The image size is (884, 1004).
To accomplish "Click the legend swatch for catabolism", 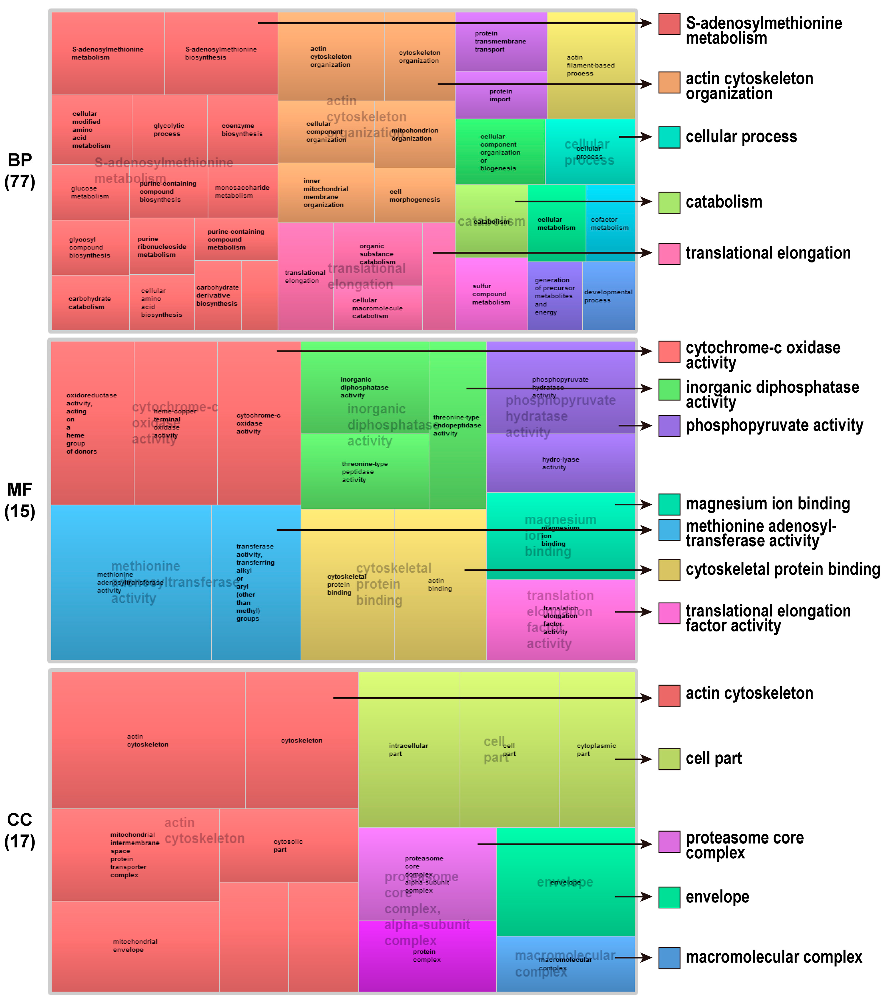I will pyautogui.click(x=669, y=202).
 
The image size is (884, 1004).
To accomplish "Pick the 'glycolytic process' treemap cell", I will pyautogui.click(x=169, y=130).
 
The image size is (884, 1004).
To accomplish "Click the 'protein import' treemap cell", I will pyautogui.click(x=500, y=95).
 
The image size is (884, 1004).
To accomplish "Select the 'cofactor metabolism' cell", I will pyautogui.click(x=609, y=223).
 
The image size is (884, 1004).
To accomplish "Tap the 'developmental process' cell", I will pyautogui.click(x=608, y=296).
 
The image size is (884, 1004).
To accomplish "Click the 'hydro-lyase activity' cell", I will pyautogui.click(x=560, y=463).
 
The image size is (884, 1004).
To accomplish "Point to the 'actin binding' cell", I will pyautogui.click(x=440, y=585).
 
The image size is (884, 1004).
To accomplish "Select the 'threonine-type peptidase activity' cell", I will pyautogui.click(x=364, y=471).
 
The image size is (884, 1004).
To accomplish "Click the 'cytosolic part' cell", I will pyautogui.click(x=288, y=845).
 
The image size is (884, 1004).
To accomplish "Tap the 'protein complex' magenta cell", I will pyautogui.click(x=427, y=956).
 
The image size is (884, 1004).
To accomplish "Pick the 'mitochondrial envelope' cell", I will pyautogui.click(x=135, y=946).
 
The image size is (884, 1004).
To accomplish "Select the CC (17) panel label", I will pyautogui.click(x=20, y=831).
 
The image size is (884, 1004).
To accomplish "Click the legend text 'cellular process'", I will pyautogui.click(x=741, y=137).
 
